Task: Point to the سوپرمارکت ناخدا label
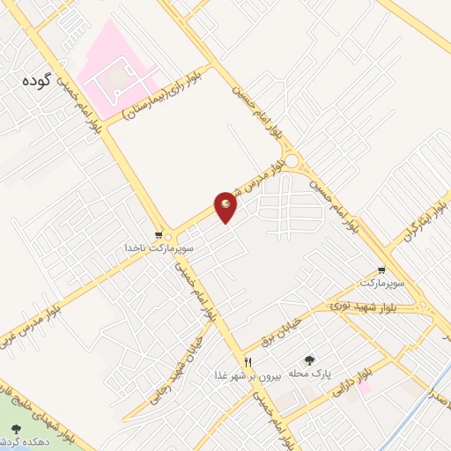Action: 159,248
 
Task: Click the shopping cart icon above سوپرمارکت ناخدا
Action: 159,235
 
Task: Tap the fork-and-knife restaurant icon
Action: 248,361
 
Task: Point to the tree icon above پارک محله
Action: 309,360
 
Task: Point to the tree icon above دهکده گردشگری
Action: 15,429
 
